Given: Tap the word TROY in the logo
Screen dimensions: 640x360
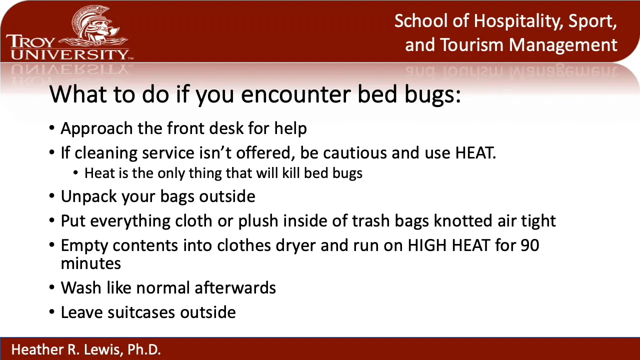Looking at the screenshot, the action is point(30,41).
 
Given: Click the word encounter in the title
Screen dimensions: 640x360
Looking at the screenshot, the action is point(296,94).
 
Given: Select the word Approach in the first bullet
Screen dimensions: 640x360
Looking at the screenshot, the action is point(96,129).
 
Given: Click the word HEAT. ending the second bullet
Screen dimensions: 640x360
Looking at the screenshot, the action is point(475,152).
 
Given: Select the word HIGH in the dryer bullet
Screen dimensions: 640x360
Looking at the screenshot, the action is point(427,245).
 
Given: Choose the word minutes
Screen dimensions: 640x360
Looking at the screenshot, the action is point(91,263).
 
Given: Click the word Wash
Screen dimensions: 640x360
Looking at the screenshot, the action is point(81,287).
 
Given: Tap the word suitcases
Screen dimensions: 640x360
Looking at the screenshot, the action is point(141,312).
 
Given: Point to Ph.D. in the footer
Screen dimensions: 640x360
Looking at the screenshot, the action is point(144,349).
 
